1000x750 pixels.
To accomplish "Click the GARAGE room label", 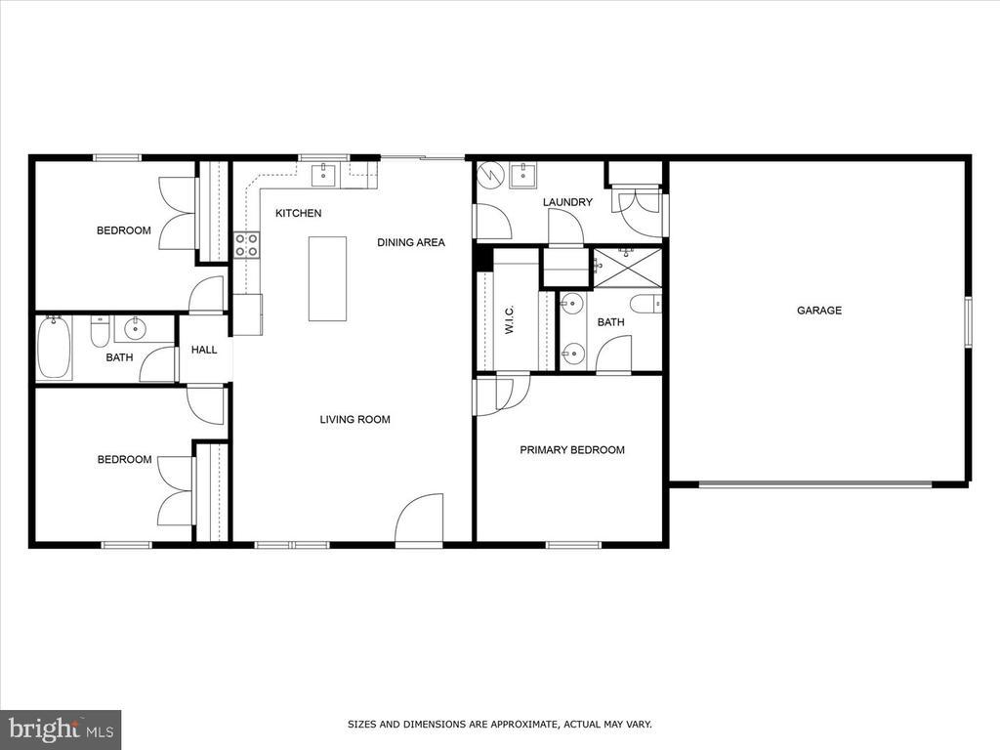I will (x=818, y=311).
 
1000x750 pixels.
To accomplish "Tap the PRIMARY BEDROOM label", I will (x=571, y=450).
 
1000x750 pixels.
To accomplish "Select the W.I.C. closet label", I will (x=510, y=319).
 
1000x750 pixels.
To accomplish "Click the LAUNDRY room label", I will (x=567, y=202).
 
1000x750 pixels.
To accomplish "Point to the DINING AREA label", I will (x=410, y=242).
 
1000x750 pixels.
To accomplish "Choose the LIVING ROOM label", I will (x=354, y=420).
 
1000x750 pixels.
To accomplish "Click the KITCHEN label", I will (x=298, y=213).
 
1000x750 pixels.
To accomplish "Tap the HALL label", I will (x=204, y=350).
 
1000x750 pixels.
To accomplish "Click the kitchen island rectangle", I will (x=327, y=278).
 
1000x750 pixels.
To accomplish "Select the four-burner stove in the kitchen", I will (x=246, y=245).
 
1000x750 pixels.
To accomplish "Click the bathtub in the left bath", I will (x=54, y=350).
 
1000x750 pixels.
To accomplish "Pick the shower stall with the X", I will (x=627, y=267).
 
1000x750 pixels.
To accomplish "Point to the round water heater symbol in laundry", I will (x=490, y=177).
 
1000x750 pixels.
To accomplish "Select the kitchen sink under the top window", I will (x=323, y=176).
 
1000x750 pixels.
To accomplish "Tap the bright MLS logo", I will (x=60, y=729).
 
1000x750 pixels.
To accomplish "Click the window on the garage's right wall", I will (x=968, y=321).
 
